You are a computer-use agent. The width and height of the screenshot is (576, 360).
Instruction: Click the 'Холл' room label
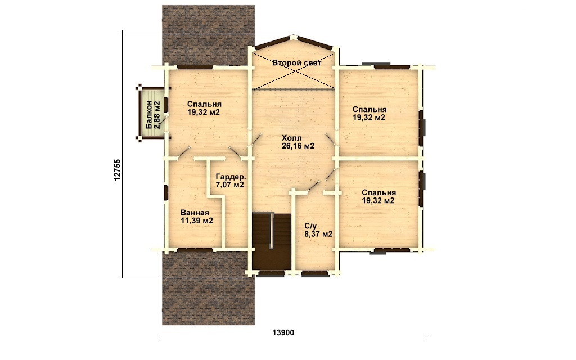point(292,138)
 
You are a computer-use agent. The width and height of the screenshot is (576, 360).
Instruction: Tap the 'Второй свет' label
point(297,63)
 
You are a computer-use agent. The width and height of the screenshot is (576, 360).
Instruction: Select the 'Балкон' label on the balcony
point(149,114)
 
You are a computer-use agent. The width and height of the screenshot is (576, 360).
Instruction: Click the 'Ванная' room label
point(195,213)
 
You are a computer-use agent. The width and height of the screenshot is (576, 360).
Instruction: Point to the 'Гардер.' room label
point(231,176)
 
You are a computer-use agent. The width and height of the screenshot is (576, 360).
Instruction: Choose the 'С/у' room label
point(310,226)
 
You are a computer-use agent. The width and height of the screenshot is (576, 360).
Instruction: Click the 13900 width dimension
point(283,332)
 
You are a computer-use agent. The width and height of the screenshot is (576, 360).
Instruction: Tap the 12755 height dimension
point(117,170)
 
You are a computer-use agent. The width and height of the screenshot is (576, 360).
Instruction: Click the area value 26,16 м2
point(298,146)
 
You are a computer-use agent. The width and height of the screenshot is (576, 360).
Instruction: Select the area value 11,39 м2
point(197,220)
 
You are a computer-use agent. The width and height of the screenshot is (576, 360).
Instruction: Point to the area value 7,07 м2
point(230,184)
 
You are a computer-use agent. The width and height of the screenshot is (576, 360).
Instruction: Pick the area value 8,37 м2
point(318,234)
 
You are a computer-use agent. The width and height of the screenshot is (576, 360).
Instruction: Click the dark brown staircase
point(272,241)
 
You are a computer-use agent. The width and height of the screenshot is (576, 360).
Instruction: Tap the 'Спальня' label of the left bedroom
point(204,104)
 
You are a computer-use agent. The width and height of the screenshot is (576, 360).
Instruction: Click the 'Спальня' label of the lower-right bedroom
point(379,193)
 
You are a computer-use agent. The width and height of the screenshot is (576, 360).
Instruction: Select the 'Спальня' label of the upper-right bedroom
point(370,110)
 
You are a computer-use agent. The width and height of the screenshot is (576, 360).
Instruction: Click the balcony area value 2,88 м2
point(157,114)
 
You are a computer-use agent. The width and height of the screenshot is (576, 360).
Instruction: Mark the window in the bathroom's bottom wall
point(195,249)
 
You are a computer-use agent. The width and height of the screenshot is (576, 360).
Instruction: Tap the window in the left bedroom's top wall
point(195,67)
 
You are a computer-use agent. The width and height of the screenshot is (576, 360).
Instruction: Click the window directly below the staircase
point(272,273)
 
